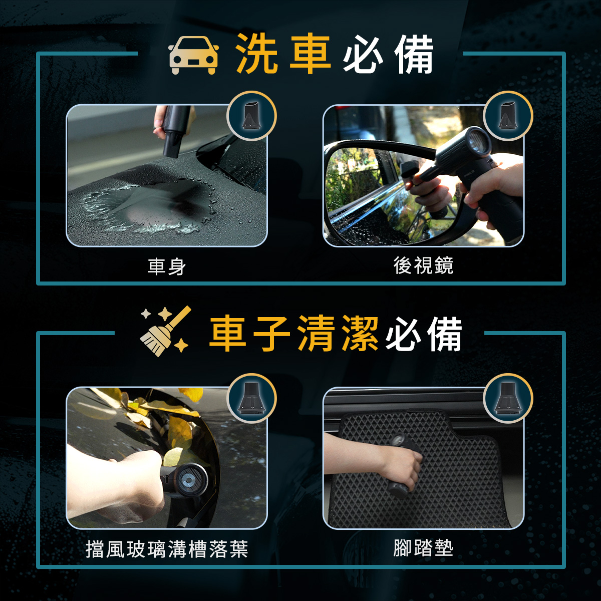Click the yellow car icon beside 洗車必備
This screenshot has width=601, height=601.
pyautogui.click(x=193, y=55)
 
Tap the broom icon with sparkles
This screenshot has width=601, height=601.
pyautogui.click(x=166, y=331)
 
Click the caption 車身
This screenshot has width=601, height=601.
pyautogui.click(x=167, y=266)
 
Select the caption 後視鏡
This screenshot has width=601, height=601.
pyautogui.click(x=423, y=266)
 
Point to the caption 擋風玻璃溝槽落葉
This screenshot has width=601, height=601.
pyautogui.click(x=167, y=548)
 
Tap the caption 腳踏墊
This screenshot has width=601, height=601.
pyautogui.click(x=423, y=548)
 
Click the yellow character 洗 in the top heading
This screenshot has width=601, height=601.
pyautogui.click(x=256, y=53)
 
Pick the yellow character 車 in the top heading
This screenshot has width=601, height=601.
pyautogui.click(x=310, y=53)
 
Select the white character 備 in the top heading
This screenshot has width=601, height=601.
pyautogui.click(x=414, y=54)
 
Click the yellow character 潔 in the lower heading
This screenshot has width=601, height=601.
pyautogui.click(x=360, y=333)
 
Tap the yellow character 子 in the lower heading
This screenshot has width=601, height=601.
pyautogui.click(x=271, y=333)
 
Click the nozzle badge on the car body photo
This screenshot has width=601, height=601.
pyautogui.click(x=251, y=116)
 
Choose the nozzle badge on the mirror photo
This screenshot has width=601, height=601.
pyautogui.click(x=508, y=116)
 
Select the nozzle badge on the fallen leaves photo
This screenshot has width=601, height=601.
pyautogui.click(x=251, y=398)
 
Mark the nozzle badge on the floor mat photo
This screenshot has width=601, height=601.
pyautogui.click(x=508, y=398)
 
